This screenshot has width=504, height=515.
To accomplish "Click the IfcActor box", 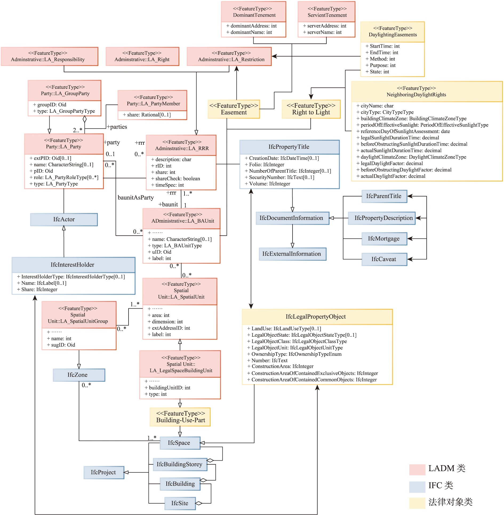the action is tap(64, 219).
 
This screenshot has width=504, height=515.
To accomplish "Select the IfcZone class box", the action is tap(79, 375).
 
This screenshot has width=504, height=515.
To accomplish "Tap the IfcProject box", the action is tap(104, 472).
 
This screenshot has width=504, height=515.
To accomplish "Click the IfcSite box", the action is tap(180, 503).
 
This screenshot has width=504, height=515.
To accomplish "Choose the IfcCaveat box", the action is tap(384, 259).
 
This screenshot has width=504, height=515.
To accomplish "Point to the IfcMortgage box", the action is tap(384, 239).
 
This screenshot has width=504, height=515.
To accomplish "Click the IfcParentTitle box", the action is tap(384, 196).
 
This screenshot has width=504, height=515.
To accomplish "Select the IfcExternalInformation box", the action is tap(293, 254).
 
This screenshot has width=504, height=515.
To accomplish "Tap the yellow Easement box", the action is tap(234, 109).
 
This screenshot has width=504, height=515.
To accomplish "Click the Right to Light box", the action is tap(311, 109).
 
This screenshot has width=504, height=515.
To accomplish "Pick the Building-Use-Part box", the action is tap(180, 417).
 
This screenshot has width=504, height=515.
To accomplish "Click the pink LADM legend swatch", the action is tap(417, 469).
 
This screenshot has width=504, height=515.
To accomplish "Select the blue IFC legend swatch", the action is tap(417, 487).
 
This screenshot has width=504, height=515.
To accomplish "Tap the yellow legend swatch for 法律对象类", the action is tap(417, 503).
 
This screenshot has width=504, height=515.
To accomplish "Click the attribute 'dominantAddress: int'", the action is tap(251, 26).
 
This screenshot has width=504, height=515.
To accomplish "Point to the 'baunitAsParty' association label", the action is tap(136, 198).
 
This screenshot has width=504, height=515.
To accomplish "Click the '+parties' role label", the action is tap(117, 127).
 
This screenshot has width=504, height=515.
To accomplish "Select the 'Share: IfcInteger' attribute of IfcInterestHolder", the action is tap(37, 289).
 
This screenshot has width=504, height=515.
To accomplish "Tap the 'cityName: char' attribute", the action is tap(375, 106).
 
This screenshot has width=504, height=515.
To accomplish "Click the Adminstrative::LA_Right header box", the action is tap(142, 56).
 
